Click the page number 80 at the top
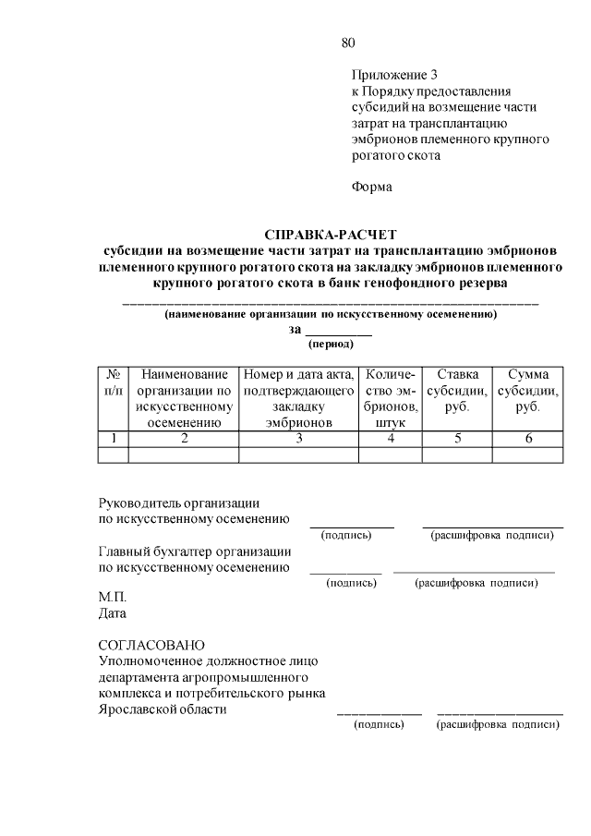click(347, 42)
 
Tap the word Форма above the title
click(372, 187)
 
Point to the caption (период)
click(330, 344)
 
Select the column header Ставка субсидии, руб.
click(457, 390)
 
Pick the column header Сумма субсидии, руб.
click(527, 390)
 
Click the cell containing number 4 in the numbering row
click(391, 439)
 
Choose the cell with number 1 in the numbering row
click(113, 439)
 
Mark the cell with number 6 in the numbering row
click(527, 439)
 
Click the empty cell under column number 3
click(298, 454)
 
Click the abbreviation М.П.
click(112, 597)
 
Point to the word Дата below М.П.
click(113, 612)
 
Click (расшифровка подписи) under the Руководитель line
click(492, 535)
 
